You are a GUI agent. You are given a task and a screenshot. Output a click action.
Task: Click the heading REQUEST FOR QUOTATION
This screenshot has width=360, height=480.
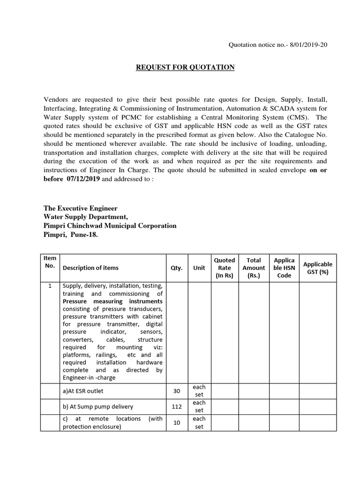point(185,67)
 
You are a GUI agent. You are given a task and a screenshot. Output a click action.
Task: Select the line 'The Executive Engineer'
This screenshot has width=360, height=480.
point(81,208)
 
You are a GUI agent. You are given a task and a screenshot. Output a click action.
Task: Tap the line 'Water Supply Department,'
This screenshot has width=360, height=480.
point(85,217)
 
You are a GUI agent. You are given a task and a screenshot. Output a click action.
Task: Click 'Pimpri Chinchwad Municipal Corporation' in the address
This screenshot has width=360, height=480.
point(110,225)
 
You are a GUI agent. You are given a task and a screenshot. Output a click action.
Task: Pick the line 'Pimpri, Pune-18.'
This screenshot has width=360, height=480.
point(71,234)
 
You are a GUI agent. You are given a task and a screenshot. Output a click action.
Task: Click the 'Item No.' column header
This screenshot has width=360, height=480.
point(50,262)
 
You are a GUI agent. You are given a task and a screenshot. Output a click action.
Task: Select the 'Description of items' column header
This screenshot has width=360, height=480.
point(90,268)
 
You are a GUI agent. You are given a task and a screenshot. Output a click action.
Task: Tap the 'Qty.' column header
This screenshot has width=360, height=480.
point(177,268)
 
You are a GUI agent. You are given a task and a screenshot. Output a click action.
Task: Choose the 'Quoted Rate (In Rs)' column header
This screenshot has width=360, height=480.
point(225,268)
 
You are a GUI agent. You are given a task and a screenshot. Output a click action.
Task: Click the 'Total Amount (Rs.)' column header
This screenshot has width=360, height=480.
point(254,268)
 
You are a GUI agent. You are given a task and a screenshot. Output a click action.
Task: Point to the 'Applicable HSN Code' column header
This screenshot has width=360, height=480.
point(284,268)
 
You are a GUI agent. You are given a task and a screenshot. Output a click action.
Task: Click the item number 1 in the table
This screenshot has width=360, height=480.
point(50,286)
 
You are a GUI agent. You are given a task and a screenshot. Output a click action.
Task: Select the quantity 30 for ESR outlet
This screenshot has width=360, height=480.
point(177,391)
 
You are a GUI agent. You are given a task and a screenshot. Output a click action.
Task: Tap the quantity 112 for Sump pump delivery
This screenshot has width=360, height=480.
point(177,406)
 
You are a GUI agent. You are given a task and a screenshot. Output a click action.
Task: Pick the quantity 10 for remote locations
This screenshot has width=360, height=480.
point(177,422)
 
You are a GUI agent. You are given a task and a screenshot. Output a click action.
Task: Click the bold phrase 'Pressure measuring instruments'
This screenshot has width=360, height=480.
point(112,301)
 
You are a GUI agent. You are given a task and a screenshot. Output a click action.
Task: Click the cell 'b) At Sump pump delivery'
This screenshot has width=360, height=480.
point(98,406)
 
